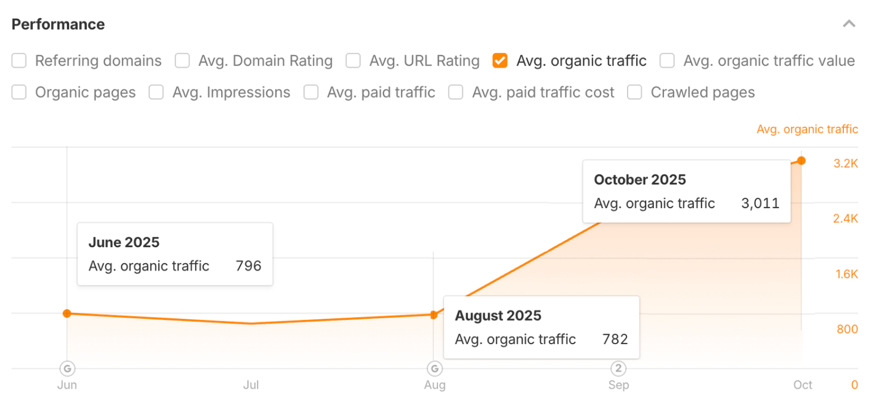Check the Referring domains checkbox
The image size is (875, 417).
[x=19, y=61]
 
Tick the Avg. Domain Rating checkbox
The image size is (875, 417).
[x=182, y=61]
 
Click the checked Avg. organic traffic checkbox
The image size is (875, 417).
[x=500, y=61]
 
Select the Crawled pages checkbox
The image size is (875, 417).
[x=635, y=93]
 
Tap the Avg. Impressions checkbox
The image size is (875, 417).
[x=156, y=93]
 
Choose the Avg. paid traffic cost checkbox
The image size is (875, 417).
[x=456, y=93]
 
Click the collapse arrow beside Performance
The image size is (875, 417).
[x=849, y=24]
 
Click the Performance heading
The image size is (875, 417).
[x=58, y=24]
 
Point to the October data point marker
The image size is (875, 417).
[x=801, y=160]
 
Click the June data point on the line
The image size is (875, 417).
[x=67, y=314]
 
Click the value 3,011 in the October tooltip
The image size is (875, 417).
[x=760, y=204]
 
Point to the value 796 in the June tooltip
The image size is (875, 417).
[x=248, y=266]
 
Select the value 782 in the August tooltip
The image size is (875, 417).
[x=615, y=339]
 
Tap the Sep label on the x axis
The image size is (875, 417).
[x=618, y=385]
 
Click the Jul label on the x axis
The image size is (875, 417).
[x=251, y=385]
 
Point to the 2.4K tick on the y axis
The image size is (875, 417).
[x=846, y=219]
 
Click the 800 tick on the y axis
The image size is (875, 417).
[x=847, y=329]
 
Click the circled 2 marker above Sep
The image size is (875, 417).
[x=618, y=369]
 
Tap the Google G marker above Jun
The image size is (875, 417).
[x=67, y=369]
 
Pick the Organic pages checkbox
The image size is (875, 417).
[x=19, y=93]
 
